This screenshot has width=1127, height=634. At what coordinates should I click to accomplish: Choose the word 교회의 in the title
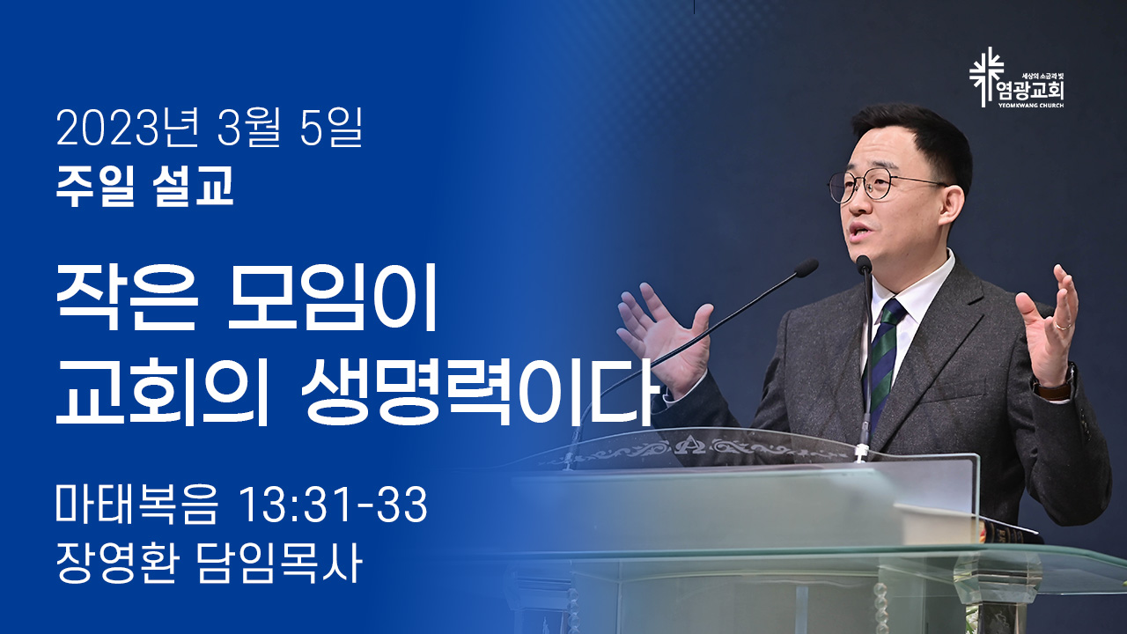tap(161, 393)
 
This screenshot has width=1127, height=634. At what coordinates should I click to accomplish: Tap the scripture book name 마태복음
tap(136, 505)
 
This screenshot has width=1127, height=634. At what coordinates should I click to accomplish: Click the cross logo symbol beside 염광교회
tap(987, 77)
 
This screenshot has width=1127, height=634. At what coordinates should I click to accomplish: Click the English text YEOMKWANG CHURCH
tap(1030, 106)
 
